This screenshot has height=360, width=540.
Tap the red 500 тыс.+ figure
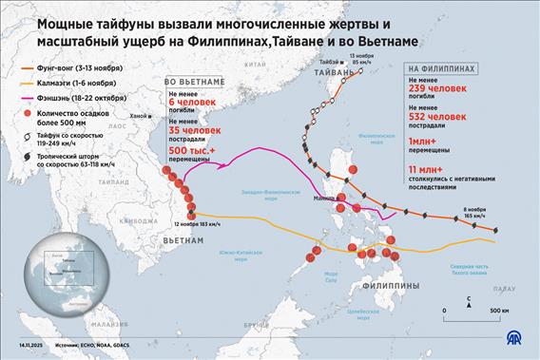[192, 151]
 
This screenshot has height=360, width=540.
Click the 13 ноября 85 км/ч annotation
[360, 63]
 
